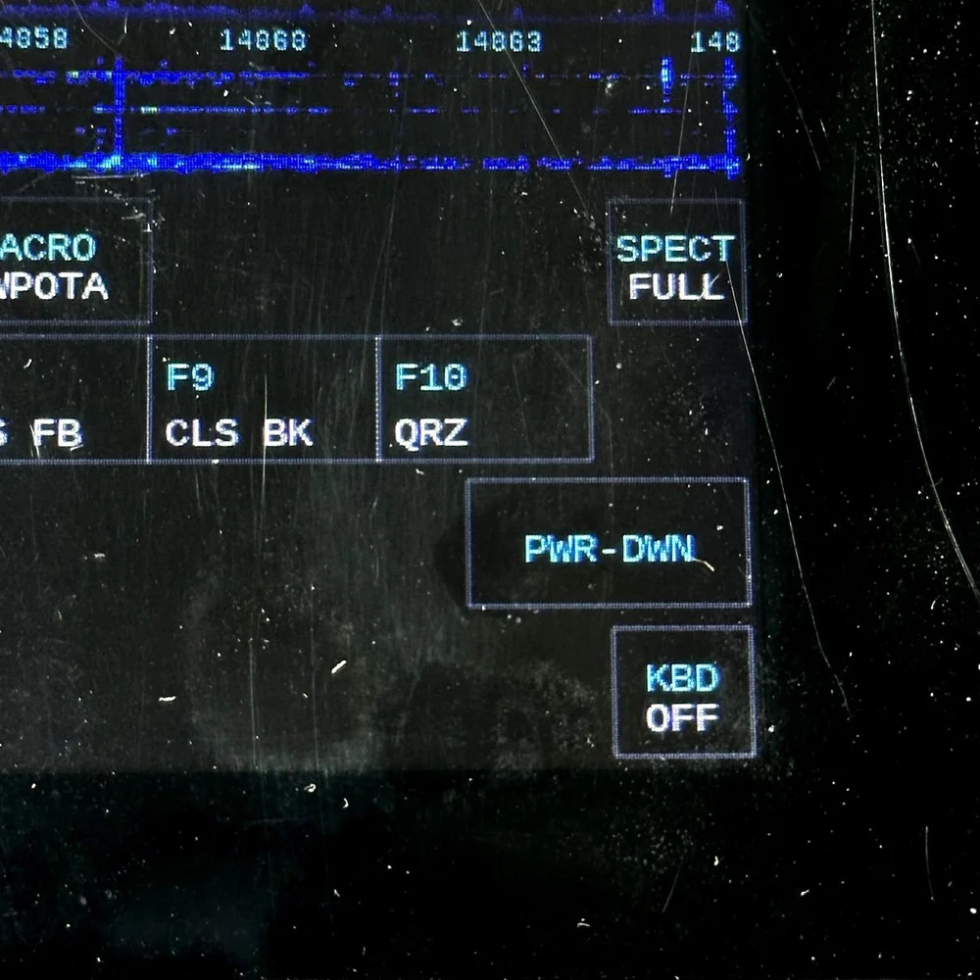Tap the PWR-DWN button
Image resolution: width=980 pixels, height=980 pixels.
click(609, 544)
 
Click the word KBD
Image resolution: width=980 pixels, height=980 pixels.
click(683, 678)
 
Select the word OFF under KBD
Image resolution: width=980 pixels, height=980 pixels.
click(682, 718)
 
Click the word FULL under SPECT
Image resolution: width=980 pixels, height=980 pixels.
click(677, 287)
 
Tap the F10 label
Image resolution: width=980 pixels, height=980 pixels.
click(431, 377)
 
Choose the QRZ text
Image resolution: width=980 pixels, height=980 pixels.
click(431, 432)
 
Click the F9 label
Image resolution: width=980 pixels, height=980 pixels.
click(190, 377)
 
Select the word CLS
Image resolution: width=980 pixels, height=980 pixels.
click(201, 432)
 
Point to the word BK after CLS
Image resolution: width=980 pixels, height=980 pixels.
click(288, 432)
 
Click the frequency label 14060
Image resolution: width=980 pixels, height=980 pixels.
click(263, 41)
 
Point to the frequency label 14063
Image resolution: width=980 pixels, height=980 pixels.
click(498, 42)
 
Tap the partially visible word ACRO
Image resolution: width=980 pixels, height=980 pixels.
click(49, 248)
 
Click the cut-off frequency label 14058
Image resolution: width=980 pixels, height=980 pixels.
click(34, 39)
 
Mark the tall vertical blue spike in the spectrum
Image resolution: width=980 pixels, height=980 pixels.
click(119, 113)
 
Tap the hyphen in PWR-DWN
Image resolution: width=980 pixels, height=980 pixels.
click(609, 549)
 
